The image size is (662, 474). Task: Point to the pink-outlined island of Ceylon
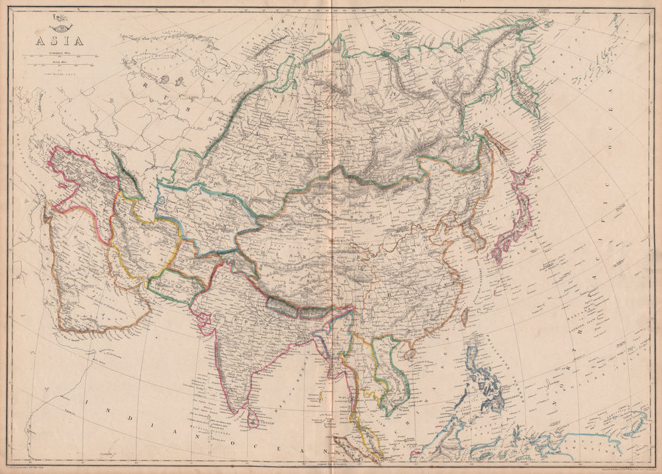252,418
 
